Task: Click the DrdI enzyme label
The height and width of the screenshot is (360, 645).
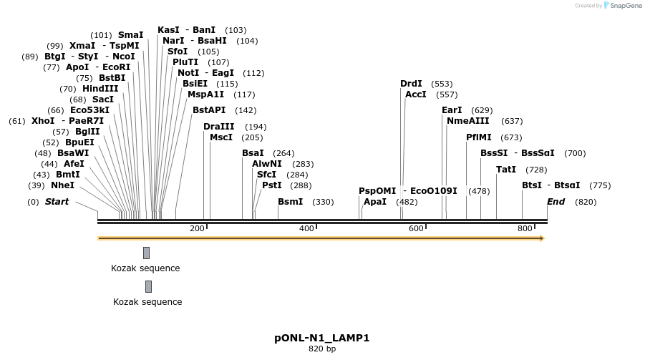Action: tap(411, 84)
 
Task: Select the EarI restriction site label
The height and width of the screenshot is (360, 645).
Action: tap(452, 110)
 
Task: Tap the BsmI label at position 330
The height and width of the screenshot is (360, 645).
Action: tap(290, 202)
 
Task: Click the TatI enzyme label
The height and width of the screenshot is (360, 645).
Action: tap(505, 170)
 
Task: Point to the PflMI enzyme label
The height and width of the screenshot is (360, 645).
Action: tap(478, 137)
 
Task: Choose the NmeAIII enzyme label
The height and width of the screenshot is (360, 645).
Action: tap(467, 121)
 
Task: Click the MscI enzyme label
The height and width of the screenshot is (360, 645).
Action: tap(220, 137)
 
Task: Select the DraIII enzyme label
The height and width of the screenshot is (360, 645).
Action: tap(218, 127)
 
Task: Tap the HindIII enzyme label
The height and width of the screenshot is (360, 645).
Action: tap(100, 89)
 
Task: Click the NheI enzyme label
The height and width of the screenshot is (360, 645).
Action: tap(62, 185)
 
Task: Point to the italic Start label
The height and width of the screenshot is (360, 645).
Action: tap(57, 202)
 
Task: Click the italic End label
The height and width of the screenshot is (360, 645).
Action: tap(556, 202)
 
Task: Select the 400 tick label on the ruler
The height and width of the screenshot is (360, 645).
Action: tap(306, 228)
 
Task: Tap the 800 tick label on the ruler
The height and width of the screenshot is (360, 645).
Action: tap(525, 228)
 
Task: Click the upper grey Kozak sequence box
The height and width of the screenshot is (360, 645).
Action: tap(146, 253)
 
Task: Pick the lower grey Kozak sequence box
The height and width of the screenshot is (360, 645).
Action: tap(148, 286)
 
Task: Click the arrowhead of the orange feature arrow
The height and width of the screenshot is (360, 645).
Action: tap(542, 238)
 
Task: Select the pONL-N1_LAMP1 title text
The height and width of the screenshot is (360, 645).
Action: tap(321, 338)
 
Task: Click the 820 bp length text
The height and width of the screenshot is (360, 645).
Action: tap(321, 349)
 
